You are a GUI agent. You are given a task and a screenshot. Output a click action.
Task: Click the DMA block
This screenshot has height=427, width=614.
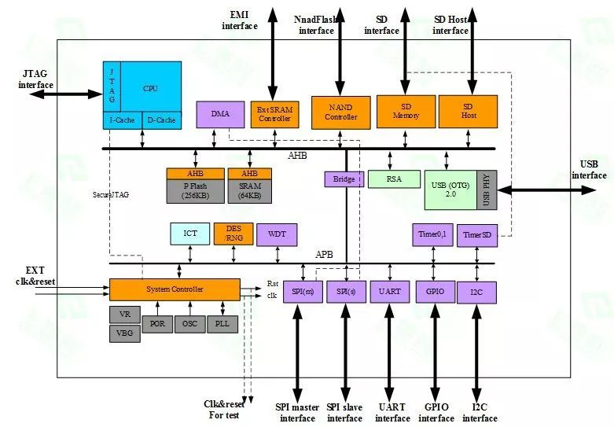click(x=220, y=114)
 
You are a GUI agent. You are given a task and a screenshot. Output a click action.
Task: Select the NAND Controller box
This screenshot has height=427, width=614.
click(x=341, y=112)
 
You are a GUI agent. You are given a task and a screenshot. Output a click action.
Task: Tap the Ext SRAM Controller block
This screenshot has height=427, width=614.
click(x=274, y=114)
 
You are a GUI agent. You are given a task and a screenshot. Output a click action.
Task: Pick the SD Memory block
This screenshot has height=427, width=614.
click(x=406, y=111)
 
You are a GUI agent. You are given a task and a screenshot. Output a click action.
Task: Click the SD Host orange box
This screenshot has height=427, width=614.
click(x=468, y=111)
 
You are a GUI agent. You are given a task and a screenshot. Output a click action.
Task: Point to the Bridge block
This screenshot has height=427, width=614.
click(x=344, y=179)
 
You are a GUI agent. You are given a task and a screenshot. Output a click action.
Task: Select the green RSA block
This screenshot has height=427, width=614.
click(x=393, y=179)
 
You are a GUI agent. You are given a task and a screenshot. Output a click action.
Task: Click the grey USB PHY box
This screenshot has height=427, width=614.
click(x=487, y=190)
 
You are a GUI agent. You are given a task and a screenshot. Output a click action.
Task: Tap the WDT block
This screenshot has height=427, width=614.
click(x=277, y=234)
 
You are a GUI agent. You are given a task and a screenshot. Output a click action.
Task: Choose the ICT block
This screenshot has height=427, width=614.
click(x=190, y=234)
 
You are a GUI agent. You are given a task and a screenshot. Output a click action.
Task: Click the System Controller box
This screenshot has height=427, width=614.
click(x=175, y=289)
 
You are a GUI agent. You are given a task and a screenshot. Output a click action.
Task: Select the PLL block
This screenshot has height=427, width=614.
click(x=222, y=323)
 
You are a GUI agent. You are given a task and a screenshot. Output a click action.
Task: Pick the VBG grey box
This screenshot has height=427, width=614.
click(x=124, y=333)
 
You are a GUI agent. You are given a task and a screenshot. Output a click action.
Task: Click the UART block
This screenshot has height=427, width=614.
click(x=389, y=291)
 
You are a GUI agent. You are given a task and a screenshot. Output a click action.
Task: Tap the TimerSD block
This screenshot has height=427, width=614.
click(x=477, y=234)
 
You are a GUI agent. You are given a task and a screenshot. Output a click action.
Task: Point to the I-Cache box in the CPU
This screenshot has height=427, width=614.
click(x=122, y=120)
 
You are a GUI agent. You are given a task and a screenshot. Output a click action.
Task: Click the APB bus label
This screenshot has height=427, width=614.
click(x=325, y=255)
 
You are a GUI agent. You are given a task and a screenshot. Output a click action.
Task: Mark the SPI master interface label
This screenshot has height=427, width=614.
click(x=297, y=412)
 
